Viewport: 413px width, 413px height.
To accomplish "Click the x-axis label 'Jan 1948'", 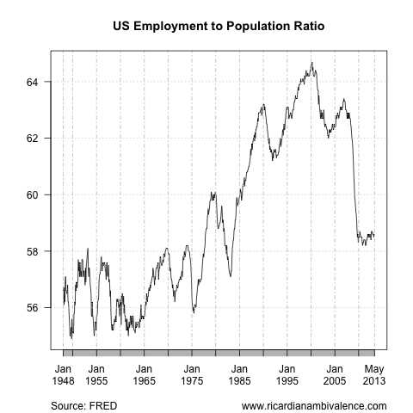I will point(64,373).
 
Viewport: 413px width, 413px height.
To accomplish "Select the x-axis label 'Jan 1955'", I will point(96,373).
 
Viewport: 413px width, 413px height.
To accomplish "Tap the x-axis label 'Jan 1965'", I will point(144,373).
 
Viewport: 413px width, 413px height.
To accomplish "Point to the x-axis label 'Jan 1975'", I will point(192,373).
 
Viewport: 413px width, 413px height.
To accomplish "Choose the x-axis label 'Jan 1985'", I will point(239,373).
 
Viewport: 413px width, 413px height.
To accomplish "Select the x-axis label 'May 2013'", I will point(374,373).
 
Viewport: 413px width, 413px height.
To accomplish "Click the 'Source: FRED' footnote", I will point(84,404).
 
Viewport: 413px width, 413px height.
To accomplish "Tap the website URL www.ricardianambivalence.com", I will point(314,404).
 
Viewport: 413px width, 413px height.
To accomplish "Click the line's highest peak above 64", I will point(311,63).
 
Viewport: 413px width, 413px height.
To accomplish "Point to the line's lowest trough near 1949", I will point(71,336).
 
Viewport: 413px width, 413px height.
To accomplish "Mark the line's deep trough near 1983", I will point(231,275).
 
